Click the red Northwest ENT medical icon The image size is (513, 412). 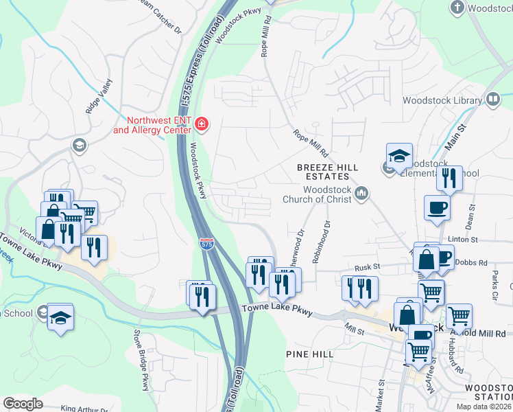tap(202, 124)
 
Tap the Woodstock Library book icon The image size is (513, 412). tap(492, 100)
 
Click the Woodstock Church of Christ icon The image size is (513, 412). tap(362, 195)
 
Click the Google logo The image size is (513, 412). tap(23, 404)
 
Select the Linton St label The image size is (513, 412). tap(463, 240)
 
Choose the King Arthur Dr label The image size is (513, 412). tap(84, 408)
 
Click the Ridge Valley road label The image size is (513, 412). tap(97, 95)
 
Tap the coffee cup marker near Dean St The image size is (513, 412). tap(437, 207)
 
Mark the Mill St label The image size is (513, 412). tap(355, 331)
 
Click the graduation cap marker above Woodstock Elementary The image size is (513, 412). tap(399, 156)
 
